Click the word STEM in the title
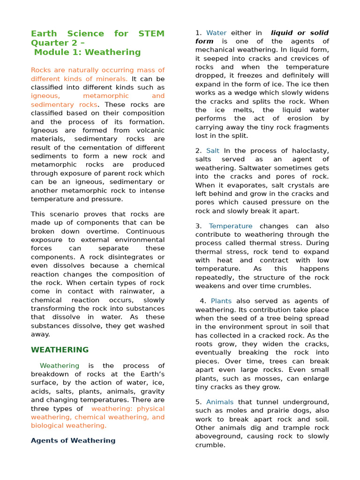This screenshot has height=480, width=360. click(x=151, y=34)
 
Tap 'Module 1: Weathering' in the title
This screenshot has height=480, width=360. click(x=87, y=52)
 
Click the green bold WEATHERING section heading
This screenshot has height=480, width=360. click(x=60, y=350)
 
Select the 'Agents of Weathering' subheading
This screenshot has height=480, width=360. click(x=73, y=441)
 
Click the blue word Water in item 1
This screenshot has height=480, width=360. click(x=216, y=33)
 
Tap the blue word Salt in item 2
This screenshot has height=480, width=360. click(x=213, y=151)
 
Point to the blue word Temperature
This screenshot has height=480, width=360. click(x=230, y=226)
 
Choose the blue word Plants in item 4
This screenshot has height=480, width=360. click(x=221, y=301)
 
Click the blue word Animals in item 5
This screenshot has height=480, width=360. click(x=219, y=402)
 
